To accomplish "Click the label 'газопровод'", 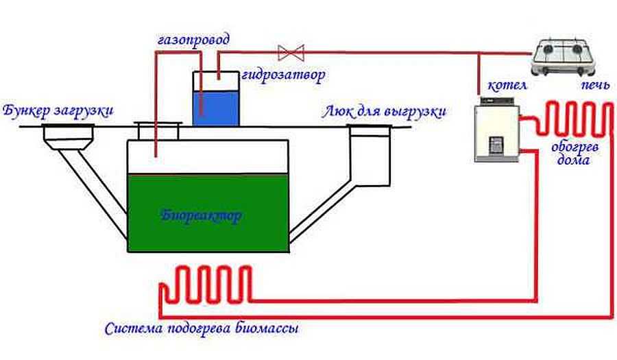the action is pos(193,40).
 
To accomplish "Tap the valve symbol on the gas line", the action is pos(291,53).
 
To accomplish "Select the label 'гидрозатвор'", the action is pos(283,75).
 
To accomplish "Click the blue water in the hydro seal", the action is pos(216,108).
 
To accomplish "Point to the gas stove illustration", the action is pos(562,57).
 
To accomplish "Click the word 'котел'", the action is pos(507,86).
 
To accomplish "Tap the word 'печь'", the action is pos(595,85).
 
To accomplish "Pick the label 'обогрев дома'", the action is pos(574,154).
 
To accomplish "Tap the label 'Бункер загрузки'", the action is pos(58,110).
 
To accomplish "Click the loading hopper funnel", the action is pos(68,137).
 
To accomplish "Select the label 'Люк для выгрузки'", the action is pos(384,112).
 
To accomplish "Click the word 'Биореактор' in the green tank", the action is pos(201,216).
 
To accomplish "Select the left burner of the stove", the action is pos(548,49).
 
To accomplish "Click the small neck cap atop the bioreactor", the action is pos(158,130).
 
